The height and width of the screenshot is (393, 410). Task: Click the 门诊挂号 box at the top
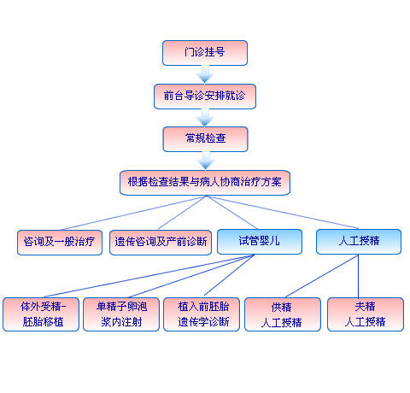click(x=205, y=53)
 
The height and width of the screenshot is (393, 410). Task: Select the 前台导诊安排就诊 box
click(x=205, y=97)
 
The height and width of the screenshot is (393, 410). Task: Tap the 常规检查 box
click(x=205, y=139)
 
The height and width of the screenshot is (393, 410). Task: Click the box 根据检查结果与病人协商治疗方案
click(x=205, y=183)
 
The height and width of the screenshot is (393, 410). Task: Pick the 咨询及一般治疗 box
click(x=60, y=243)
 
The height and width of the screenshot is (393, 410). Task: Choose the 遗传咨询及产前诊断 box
click(x=161, y=243)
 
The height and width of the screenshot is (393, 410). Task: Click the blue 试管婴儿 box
click(x=260, y=242)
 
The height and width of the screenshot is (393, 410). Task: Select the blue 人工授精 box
click(x=359, y=242)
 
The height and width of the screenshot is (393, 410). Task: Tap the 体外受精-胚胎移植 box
click(x=41, y=314)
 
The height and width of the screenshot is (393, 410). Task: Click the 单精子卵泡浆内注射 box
click(x=121, y=314)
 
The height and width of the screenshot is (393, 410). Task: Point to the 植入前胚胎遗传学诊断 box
click(x=202, y=314)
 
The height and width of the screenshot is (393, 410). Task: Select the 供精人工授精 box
click(x=283, y=314)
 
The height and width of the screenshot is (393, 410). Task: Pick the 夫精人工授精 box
click(x=366, y=314)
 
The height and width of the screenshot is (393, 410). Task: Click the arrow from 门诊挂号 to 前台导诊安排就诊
click(x=205, y=74)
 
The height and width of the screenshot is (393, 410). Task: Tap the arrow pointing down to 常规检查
click(x=205, y=118)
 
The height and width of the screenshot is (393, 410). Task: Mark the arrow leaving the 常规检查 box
click(x=206, y=161)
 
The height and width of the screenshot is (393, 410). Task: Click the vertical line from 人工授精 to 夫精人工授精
click(x=358, y=276)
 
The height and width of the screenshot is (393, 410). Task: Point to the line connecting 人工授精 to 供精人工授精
click(x=322, y=276)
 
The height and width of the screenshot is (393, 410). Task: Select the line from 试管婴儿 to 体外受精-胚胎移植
click(x=149, y=276)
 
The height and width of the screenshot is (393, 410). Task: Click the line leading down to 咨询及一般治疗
click(x=133, y=213)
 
